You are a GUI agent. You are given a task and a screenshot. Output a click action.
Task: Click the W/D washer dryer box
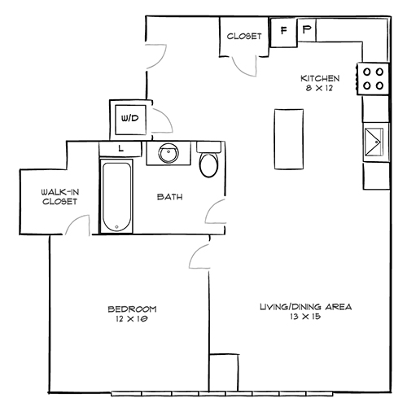click(x=129, y=119)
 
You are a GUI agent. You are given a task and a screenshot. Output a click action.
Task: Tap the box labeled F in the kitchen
click(x=283, y=31)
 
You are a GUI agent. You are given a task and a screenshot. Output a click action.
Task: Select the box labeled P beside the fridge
click(x=306, y=31)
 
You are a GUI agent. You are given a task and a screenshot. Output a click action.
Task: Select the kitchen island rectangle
click(x=287, y=138)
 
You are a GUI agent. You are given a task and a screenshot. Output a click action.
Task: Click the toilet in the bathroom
click(x=208, y=163)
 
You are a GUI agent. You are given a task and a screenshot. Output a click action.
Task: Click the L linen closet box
click(x=120, y=148)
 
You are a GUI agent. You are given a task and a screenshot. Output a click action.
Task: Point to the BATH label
click(x=169, y=196)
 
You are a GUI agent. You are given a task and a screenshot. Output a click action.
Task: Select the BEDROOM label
click(x=131, y=309)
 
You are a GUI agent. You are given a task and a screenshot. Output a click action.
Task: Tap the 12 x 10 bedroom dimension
click(x=131, y=320)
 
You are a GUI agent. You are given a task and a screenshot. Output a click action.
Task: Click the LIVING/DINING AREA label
click(x=305, y=307)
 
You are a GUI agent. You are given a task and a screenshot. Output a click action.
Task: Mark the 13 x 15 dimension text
click(x=305, y=318)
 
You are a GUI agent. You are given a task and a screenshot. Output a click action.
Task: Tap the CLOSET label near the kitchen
click(x=244, y=36)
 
